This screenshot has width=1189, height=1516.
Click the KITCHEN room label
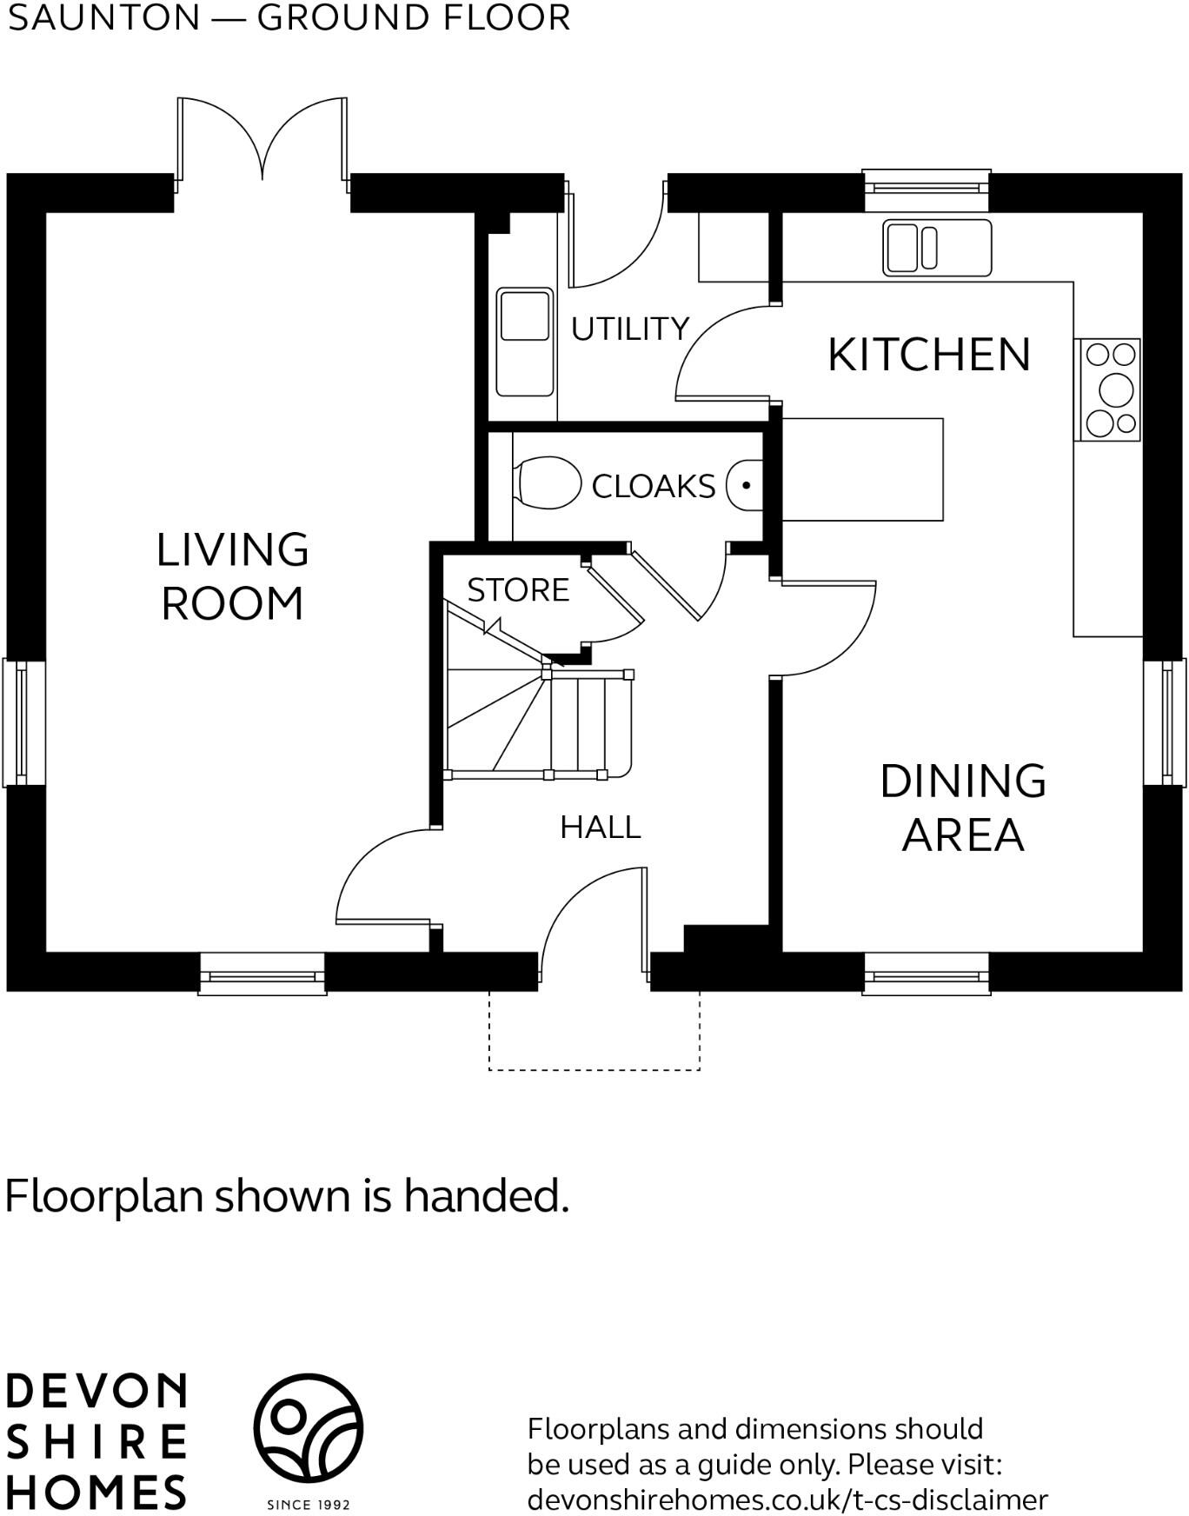[x=928, y=355]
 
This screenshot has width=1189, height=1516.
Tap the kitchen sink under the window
[x=936, y=247]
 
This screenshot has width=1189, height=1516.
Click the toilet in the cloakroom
[x=548, y=482]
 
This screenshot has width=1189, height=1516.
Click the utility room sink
[x=524, y=342]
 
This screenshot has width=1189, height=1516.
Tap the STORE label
[x=518, y=590]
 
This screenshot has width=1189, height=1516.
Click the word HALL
[x=600, y=828]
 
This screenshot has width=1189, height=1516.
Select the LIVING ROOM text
[x=232, y=576]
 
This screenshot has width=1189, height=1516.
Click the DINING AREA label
[x=962, y=808]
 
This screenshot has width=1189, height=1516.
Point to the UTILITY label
[x=629, y=329]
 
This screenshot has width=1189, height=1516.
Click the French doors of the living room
[x=262, y=143]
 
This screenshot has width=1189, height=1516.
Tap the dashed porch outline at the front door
[x=594, y=1068]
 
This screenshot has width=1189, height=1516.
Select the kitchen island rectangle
[x=862, y=469]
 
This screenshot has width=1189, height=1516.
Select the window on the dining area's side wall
[x=1164, y=722]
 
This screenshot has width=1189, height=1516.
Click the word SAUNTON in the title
[x=103, y=18]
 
